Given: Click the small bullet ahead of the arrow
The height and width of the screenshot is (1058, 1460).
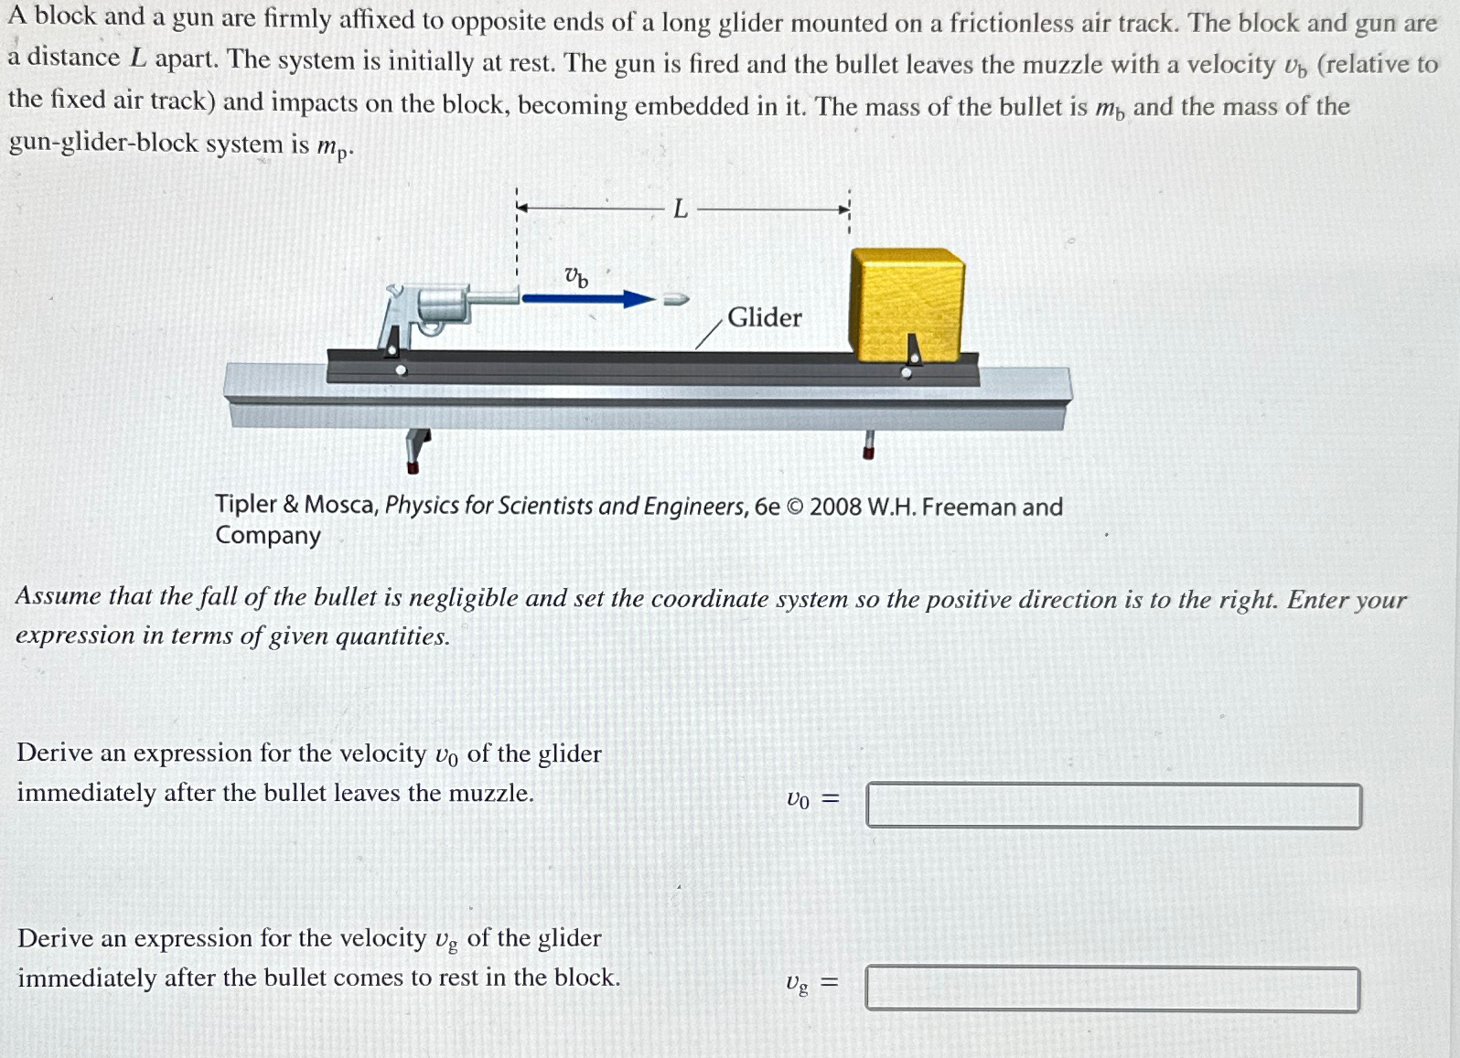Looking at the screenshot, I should pyautogui.click(x=675, y=299).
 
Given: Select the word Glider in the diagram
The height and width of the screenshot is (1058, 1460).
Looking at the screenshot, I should pyautogui.click(x=764, y=317).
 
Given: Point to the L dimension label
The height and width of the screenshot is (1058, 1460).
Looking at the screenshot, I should pyautogui.click(x=680, y=209).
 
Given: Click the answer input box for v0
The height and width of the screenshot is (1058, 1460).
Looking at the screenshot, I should pyautogui.click(x=1113, y=805).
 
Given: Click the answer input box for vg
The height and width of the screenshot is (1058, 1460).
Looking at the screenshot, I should pyautogui.click(x=1111, y=989).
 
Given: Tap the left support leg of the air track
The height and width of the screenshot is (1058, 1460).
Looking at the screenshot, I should pyautogui.click(x=416, y=448).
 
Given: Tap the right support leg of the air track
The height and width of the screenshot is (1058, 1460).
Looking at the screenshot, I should pyautogui.click(x=868, y=444).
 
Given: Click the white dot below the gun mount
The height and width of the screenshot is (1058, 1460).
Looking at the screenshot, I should pyautogui.click(x=401, y=370).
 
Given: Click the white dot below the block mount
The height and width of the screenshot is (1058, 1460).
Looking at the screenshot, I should pyautogui.click(x=907, y=372).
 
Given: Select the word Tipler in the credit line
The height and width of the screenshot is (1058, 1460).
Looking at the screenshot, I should pyautogui.click(x=245, y=504).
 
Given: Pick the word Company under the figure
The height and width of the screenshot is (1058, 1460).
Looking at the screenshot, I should pyautogui.click(x=268, y=536).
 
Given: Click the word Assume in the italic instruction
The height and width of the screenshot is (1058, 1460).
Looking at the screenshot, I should pyautogui.click(x=58, y=596).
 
